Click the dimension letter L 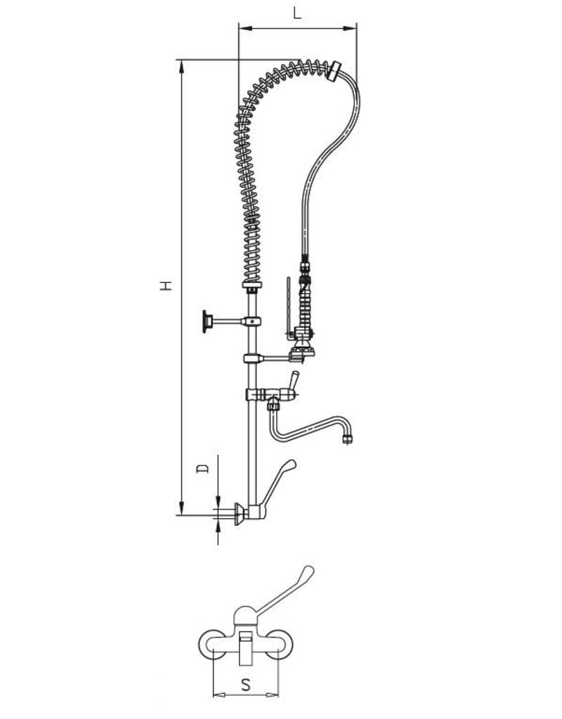(297, 13)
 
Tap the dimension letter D (202, 468)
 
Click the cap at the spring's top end (337, 70)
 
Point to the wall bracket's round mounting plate (207, 321)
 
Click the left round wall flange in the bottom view (213, 645)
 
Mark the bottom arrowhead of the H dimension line (182, 509)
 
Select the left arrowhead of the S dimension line (216, 695)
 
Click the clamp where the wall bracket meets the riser (252, 322)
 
